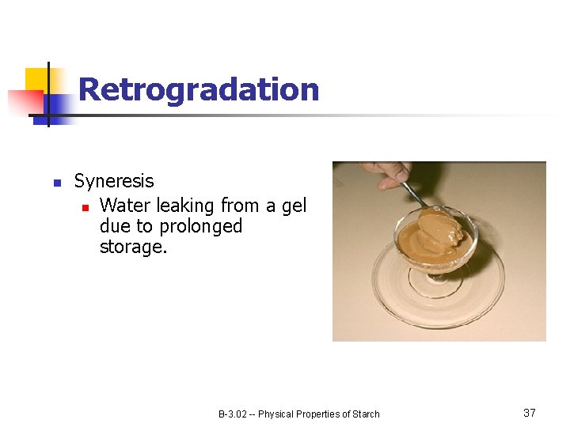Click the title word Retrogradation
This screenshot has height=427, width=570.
point(199,90)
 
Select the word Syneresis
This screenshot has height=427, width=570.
point(114,181)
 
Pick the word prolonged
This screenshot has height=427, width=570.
point(200,227)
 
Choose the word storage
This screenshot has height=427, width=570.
point(131,248)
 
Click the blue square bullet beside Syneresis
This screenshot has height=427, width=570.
point(56,183)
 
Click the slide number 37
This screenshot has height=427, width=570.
point(530,413)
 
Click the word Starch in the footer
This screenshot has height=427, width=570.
point(365,414)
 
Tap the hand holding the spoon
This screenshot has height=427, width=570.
point(386,174)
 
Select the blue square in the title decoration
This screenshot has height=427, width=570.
point(57,106)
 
